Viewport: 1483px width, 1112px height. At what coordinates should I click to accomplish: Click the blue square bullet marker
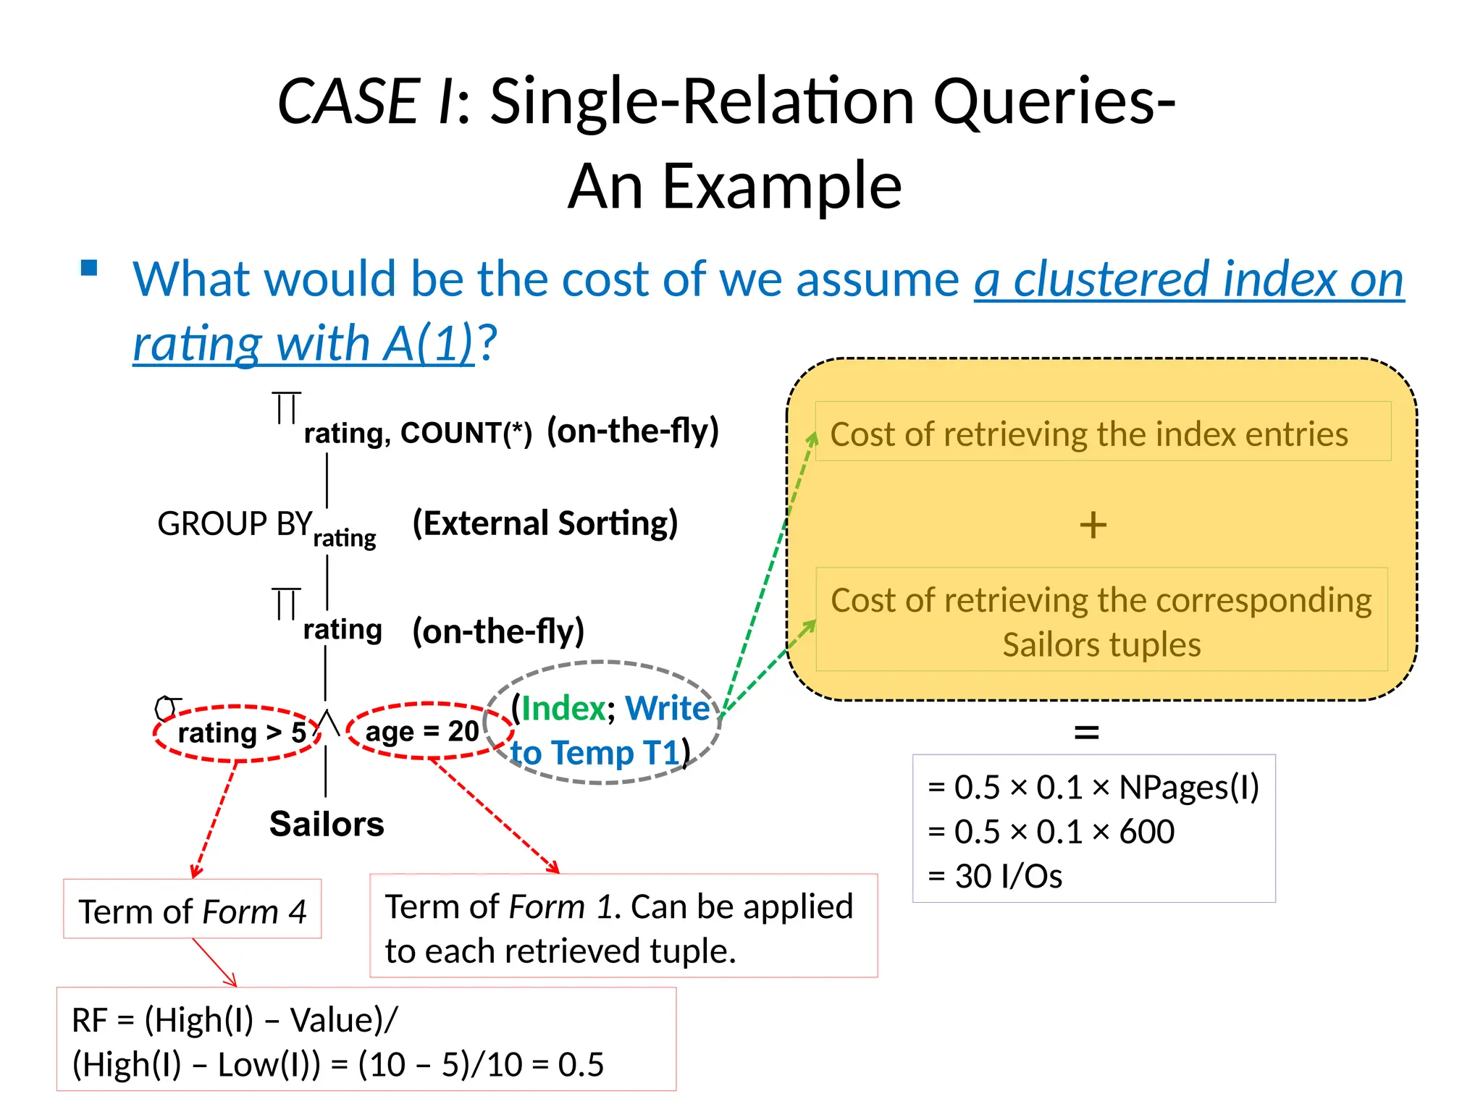89,268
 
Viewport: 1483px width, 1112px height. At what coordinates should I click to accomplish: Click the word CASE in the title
348,101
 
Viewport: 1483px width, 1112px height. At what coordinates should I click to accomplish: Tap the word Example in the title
782,187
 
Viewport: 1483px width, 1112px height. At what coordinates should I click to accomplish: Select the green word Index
563,708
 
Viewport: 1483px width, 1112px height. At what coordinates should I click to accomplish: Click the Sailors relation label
327,824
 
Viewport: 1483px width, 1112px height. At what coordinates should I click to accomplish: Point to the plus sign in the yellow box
1093,525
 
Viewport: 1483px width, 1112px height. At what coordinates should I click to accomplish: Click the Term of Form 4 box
192,911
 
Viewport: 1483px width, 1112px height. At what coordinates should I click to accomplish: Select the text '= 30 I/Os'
995,876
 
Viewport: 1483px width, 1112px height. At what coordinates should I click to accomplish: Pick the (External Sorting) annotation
545,523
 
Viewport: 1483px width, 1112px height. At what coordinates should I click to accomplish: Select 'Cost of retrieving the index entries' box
1102,432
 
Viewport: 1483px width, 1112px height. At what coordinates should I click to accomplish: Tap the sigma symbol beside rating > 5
167,707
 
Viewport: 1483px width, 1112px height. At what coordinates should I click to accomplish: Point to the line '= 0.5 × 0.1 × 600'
1051,831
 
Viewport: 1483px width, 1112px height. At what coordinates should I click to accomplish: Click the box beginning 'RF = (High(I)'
366,1041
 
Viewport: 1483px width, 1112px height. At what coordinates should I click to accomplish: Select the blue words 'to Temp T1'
595,753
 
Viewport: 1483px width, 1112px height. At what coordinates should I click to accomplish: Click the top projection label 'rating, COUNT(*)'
417,433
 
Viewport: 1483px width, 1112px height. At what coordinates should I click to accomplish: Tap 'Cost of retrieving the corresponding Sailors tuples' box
1101,620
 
